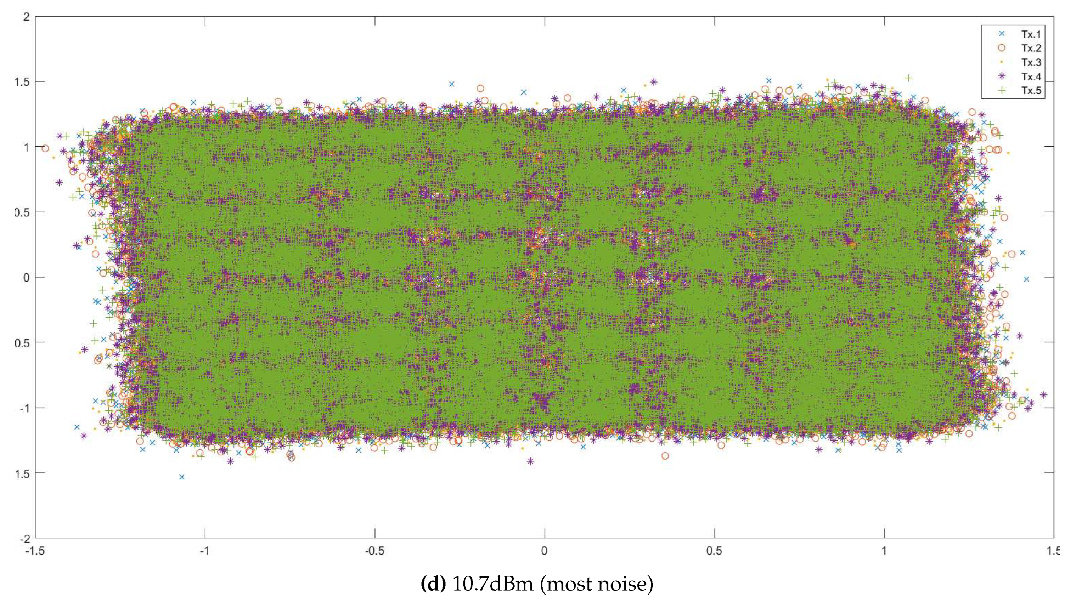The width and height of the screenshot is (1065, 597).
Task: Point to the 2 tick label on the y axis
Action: pyautogui.click(x=27, y=17)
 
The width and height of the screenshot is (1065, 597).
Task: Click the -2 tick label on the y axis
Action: pyautogui.click(x=24, y=538)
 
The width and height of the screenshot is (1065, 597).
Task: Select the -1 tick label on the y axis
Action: pyautogui.click(x=24, y=408)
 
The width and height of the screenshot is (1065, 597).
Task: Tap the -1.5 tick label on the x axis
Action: pyautogui.click(x=35, y=551)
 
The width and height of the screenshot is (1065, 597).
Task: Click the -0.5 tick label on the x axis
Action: pyautogui.click(x=374, y=551)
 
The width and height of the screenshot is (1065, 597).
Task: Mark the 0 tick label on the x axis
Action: pyautogui.click(x=545, y=551)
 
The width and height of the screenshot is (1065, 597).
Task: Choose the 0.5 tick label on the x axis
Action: pyautogui.click(x=714, y=551)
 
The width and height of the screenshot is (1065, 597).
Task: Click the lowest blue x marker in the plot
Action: pyautogui.click(x=181, y=477)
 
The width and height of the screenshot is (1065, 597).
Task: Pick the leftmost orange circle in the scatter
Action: pyautogui.click(x=45, y=148)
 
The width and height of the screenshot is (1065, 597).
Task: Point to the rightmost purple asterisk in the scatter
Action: pyautogui.click(x=1043, y=395)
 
